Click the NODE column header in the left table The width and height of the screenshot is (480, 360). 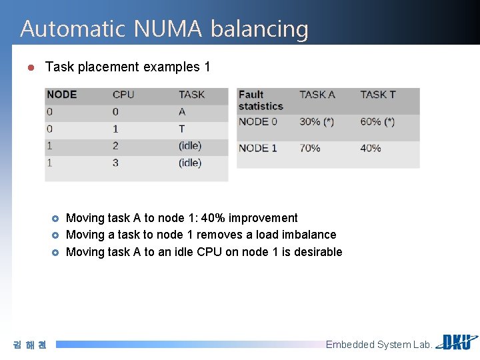pos(61,95)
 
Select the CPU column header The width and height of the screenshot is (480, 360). pos(123,95)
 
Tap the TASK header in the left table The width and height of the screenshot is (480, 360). pos(192,95)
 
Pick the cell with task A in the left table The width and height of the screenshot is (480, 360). pos(182,112)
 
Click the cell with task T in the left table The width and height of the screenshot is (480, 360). pos(182,129)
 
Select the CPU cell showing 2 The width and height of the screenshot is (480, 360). pos(115,145)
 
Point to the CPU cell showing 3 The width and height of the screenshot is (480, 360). pos(115,163)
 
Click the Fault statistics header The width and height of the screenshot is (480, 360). pos(261,100)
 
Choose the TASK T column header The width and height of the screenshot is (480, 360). pos(378,95)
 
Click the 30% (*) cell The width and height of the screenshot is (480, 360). pos(317,121)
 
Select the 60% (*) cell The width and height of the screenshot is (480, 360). pos(377,121)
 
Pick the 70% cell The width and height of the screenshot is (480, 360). pos(310,148)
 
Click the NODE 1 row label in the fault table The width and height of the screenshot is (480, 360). pos(257,148)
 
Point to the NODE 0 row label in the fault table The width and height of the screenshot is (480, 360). pos(257,121)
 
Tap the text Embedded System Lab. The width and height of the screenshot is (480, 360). pos(379,345)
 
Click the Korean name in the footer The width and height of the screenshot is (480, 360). pos(30,345)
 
